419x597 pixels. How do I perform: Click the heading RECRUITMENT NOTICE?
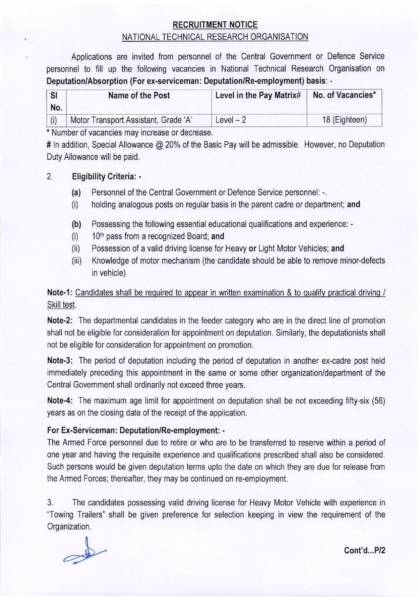[215, 25]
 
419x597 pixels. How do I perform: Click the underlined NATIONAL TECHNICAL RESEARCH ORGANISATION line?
[215, 37]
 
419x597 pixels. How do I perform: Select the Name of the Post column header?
[139, 95]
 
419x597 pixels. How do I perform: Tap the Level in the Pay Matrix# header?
[258, 95]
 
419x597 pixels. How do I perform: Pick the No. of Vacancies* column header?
[344, 95]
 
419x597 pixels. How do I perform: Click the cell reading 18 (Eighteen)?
[344, 120]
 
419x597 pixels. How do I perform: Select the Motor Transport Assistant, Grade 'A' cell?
[131, 120]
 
